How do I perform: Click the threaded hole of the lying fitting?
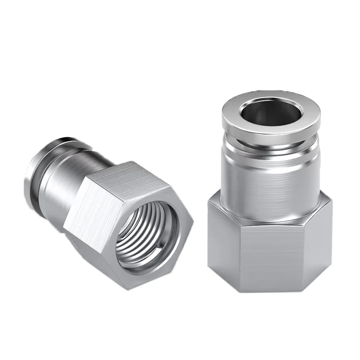(143, 238)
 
